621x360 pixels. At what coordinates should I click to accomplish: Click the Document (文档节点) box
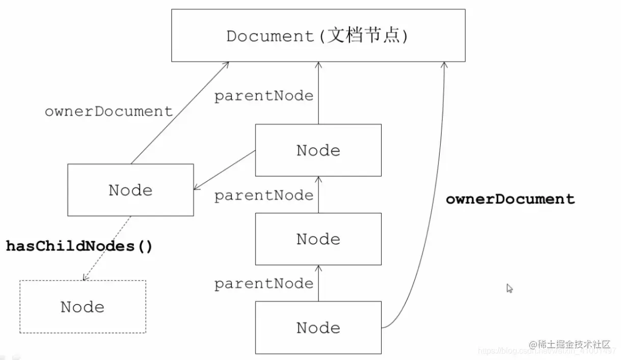click(x=318, y=36)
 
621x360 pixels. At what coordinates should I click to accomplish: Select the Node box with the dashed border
click(x=83, y=307)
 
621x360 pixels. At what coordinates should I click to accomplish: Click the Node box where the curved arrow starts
click(x=318, y=327)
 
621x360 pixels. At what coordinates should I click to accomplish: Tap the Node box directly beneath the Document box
click(x=318, y=150)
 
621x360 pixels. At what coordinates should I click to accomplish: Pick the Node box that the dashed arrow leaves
click(x=130, y=190)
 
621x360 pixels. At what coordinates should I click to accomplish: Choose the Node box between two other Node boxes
click(x=318, y=239)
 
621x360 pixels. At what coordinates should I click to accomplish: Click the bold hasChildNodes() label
click(x=79, y=246)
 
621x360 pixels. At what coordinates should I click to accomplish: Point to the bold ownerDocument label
click(x=510, y=199)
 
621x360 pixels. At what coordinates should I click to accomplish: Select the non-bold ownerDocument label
click(x=109, y=112)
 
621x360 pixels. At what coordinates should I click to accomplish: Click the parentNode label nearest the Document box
click(x=263, y=96)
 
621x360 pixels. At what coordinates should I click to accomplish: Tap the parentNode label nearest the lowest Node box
click(x=263, y=284)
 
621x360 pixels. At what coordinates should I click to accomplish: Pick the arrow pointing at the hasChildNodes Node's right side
click(x=224, y=170)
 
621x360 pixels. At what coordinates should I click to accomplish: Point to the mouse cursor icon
click(x=509, y=288)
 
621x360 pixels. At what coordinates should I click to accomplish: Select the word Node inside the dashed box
click(x=83, y=307)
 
